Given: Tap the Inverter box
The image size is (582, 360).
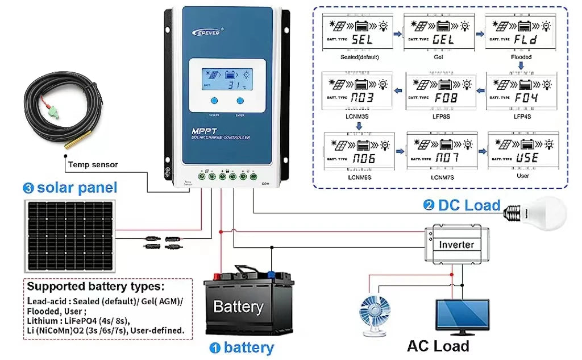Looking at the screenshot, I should [x=456, y=245].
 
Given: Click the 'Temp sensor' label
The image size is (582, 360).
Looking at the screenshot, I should [x=93, y=165].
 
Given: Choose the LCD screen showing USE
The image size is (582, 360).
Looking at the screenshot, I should [x=520, y=151].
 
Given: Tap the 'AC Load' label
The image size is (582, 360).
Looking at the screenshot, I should [x=438, y=346].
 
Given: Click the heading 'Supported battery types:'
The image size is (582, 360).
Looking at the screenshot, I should [x=95, y=286].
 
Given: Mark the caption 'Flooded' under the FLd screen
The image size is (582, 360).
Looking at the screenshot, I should [x=521, y=57].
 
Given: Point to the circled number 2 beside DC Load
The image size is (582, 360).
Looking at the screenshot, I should [x=429, y=206].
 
